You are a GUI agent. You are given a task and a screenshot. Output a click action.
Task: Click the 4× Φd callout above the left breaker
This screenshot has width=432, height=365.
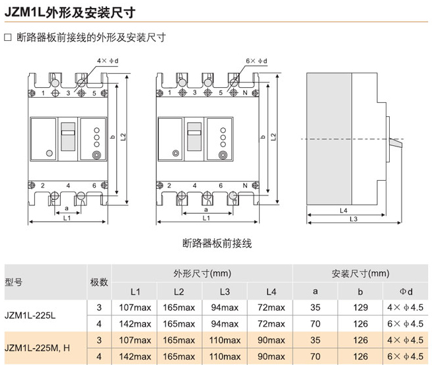tap(108, 61)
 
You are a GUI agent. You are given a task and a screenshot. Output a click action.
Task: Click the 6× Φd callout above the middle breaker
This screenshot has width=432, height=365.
tap(256, 61)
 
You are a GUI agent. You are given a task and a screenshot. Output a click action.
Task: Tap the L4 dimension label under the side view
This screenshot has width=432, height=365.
tap(343, 211)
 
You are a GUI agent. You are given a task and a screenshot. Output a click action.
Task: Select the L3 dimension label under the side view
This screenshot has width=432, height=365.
tap(353, 219)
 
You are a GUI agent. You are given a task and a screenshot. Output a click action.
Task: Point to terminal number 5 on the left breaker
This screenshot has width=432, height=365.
tap(94, 93)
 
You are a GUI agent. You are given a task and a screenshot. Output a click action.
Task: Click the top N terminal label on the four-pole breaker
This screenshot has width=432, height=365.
tap(245, 93)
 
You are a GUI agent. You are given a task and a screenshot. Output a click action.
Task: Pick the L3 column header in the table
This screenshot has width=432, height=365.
tap(225, 292)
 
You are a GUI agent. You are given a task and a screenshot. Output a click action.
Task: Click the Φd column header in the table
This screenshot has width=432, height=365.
tap(406, 292)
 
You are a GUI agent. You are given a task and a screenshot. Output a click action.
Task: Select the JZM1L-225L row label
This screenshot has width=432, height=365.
tap(30, 315)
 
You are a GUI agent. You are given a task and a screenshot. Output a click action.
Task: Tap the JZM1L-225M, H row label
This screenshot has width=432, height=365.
tap(37, 348)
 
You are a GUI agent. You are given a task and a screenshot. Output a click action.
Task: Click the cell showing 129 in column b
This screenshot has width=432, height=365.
tap(361, 307)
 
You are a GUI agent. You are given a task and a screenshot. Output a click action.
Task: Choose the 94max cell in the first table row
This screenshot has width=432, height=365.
tap(225, 307)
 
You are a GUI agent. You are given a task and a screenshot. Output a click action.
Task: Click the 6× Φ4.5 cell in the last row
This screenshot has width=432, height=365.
tap(406, 356)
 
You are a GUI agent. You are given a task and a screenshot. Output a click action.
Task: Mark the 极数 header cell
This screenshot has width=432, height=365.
tap(99, 282)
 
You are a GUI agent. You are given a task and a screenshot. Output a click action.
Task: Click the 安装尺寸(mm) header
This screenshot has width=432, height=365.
tap(361, 273)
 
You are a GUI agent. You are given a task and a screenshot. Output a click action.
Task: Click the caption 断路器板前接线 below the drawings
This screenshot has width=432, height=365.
tap(217, 244)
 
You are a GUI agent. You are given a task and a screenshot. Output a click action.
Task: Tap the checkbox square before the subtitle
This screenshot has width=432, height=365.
tap(8, 38)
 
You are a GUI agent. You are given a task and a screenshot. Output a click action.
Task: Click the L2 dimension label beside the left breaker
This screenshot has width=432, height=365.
tap(124, 137)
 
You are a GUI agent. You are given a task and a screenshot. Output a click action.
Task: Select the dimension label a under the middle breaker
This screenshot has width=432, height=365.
tap(206, 210)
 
